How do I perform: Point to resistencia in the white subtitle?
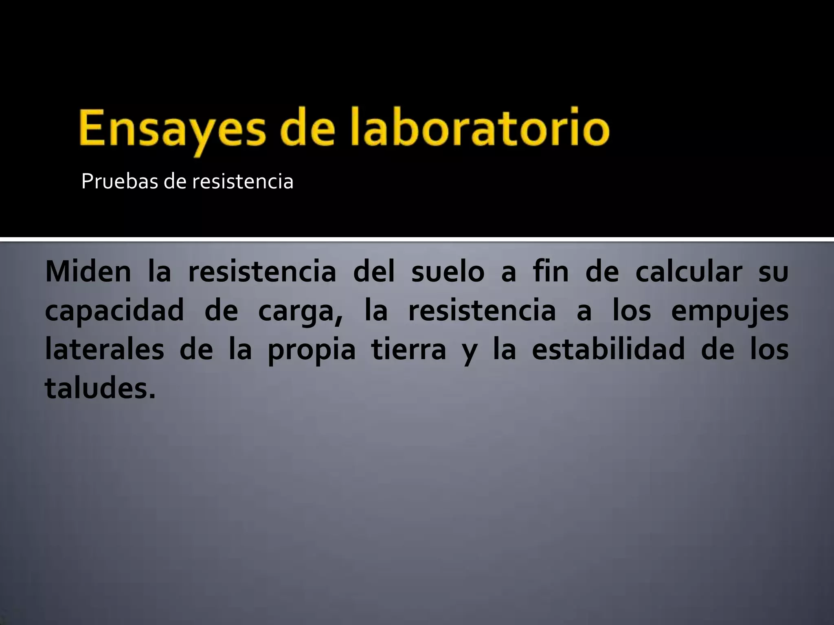click(x=243, y=181)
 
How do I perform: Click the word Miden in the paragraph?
click(x=88, y=271)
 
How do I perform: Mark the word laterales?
click(x=105, y=350)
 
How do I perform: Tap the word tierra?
click(x=409, y=350)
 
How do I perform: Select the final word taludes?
click(x=100, y=388)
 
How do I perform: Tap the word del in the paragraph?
click(x=374, y=271)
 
